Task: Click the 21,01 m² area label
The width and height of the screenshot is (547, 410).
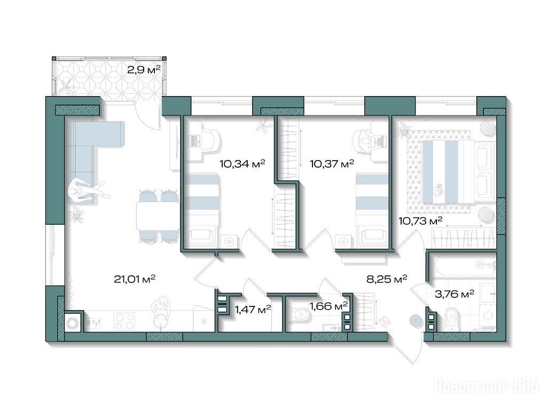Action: click(x=134, y=279)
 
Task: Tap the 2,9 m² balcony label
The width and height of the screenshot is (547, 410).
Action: click(x=144, y=70)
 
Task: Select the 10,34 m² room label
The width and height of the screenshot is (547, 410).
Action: click(x=242, y=163)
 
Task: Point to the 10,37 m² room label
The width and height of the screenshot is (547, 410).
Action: click(x=332, y=163)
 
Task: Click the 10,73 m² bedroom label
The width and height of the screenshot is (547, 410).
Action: click(x=420, y=220)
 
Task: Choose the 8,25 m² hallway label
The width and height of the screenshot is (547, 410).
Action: click(x=387, y=279)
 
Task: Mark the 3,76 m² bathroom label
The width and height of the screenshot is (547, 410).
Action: click(x=454, y=294)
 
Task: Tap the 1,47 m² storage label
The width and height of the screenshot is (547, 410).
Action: click(x=253, y=309)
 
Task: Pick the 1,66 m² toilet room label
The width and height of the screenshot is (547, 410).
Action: click(x=329, y=306)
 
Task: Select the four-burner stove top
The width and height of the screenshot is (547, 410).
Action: click(x=125, y=321)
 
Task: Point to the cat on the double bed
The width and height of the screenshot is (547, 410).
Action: click(x=437, y=190)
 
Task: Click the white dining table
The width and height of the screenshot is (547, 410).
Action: click(x=158, y=216)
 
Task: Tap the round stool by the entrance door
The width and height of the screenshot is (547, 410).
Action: click(x=415, y=321)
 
